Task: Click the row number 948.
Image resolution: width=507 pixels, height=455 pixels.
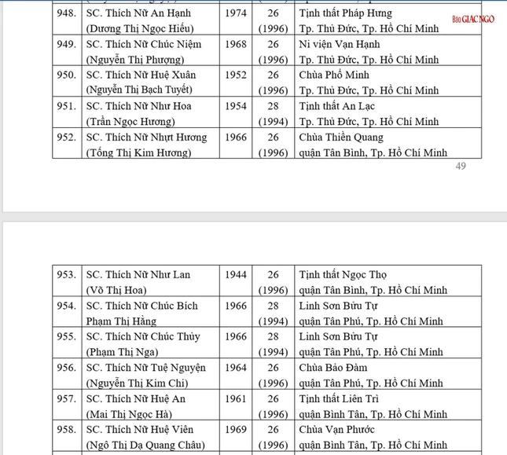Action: click(x=67, y=13)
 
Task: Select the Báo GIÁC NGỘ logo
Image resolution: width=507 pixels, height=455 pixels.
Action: click(x=473, y=19)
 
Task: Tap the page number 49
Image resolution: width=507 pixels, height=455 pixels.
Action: click(x=461, y=166)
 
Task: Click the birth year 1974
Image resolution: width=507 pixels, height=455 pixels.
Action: click(x=234, y=13)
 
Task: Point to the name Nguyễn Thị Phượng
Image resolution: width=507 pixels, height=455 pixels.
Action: click(x=131, y=60)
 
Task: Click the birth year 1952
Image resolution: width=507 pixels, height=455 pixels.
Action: click(x=234, y=75)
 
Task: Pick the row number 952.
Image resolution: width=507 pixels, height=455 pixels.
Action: click(x=67, y=137)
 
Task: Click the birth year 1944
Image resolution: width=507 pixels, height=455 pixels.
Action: click(x=234, y=275)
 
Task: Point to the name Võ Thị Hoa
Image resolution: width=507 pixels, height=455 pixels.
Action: click(x=116, y=290)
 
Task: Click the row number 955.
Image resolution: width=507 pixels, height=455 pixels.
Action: click(x=67, y=336)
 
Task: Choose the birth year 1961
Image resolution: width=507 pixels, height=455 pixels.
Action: click(x=234, y=398)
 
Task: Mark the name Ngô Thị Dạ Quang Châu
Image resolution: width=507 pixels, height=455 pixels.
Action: click(x=145, y=444)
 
